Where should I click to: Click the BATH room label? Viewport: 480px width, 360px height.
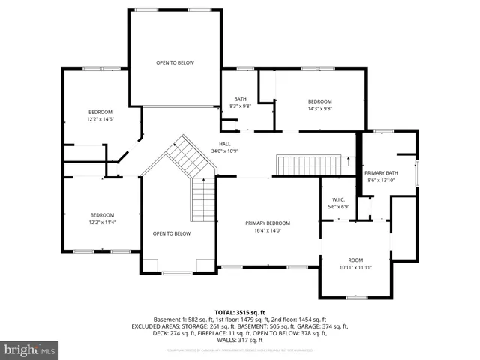click(240, 98)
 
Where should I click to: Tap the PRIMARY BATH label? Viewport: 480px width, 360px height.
click(382, 173)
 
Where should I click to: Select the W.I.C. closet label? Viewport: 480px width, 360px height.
click(339, 199)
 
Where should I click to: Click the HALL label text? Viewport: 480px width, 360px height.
click(225, 144)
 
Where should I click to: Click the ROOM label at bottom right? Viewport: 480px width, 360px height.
click(355, 259)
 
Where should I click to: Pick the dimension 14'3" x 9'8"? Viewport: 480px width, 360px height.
click(320, 108)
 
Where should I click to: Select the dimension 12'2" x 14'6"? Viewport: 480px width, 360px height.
click(100, 118)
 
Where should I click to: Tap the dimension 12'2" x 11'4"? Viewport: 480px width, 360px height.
click(103, 222)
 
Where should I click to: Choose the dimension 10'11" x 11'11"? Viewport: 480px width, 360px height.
click(355, 266)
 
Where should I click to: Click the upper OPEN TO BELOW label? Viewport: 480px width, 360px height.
click(175, 62)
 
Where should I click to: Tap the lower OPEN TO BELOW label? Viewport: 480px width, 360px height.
click(172, 233)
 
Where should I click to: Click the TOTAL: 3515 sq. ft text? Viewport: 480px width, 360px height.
click(240, 311)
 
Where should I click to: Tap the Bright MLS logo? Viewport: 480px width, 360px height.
click(30, 349)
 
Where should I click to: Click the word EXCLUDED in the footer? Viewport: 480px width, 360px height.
click(148, 326)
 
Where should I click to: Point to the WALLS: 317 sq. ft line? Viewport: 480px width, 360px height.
click(240, 340)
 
